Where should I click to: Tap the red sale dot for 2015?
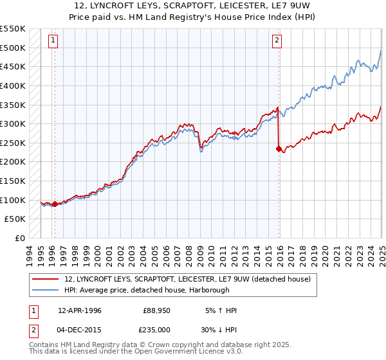(x=279, y=148)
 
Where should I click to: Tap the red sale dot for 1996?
(x=55, y=204)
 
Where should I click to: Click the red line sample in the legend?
(x=46, y=279)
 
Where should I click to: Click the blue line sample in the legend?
(x=46, y=290)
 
